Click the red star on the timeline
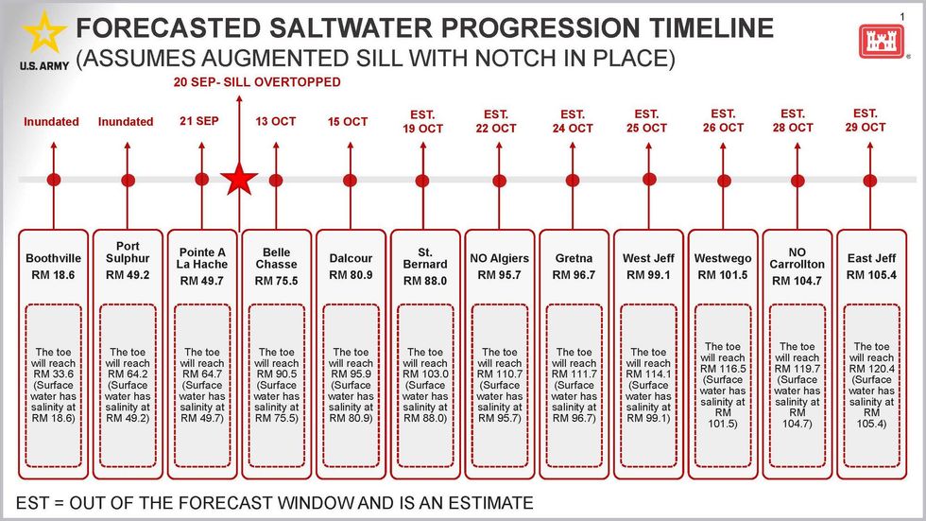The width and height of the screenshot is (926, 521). pos(239,179)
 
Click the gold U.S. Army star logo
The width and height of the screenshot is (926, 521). pos(43,34)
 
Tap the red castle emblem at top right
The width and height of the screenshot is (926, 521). pos(875,40)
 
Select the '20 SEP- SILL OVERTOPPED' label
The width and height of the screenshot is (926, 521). pos(257,82)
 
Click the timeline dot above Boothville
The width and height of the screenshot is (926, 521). pos(53,180)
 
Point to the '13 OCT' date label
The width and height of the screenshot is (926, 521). pos(275,121)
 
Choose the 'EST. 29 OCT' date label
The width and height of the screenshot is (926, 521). pos(865,120)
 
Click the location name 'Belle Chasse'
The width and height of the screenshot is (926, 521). pos(276,258)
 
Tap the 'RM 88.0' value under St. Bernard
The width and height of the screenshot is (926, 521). pos(424,281)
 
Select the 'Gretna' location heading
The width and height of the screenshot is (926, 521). pos(574,258)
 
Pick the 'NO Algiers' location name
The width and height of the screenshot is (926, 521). pos(499,258)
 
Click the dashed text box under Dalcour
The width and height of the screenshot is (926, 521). pos(351,385)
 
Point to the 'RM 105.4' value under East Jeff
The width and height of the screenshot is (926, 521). pos(871,275)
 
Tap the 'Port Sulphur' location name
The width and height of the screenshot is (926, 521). pos(128,252)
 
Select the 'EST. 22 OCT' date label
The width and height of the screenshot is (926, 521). pos(496,121)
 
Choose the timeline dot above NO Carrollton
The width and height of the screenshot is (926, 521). pos(797,180)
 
